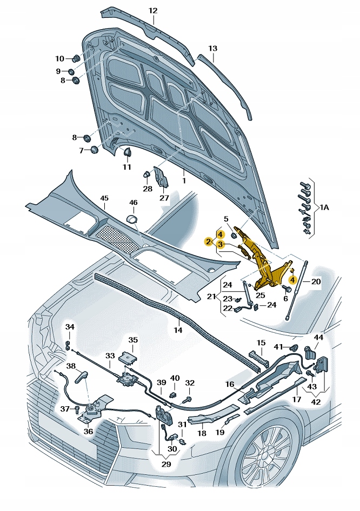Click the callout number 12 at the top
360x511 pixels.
(153, 10)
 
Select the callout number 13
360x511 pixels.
(212, 49)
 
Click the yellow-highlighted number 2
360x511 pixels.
(208, 241)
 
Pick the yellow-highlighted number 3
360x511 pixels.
(220, 244)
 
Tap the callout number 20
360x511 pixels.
(316, 282)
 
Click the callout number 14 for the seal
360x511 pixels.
(177, 330)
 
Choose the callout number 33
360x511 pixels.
(110, 356)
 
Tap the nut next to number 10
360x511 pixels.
(76, 58)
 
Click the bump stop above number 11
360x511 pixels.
(128, 152)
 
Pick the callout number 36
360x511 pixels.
(88, 431)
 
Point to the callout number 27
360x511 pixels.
(164, 197)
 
